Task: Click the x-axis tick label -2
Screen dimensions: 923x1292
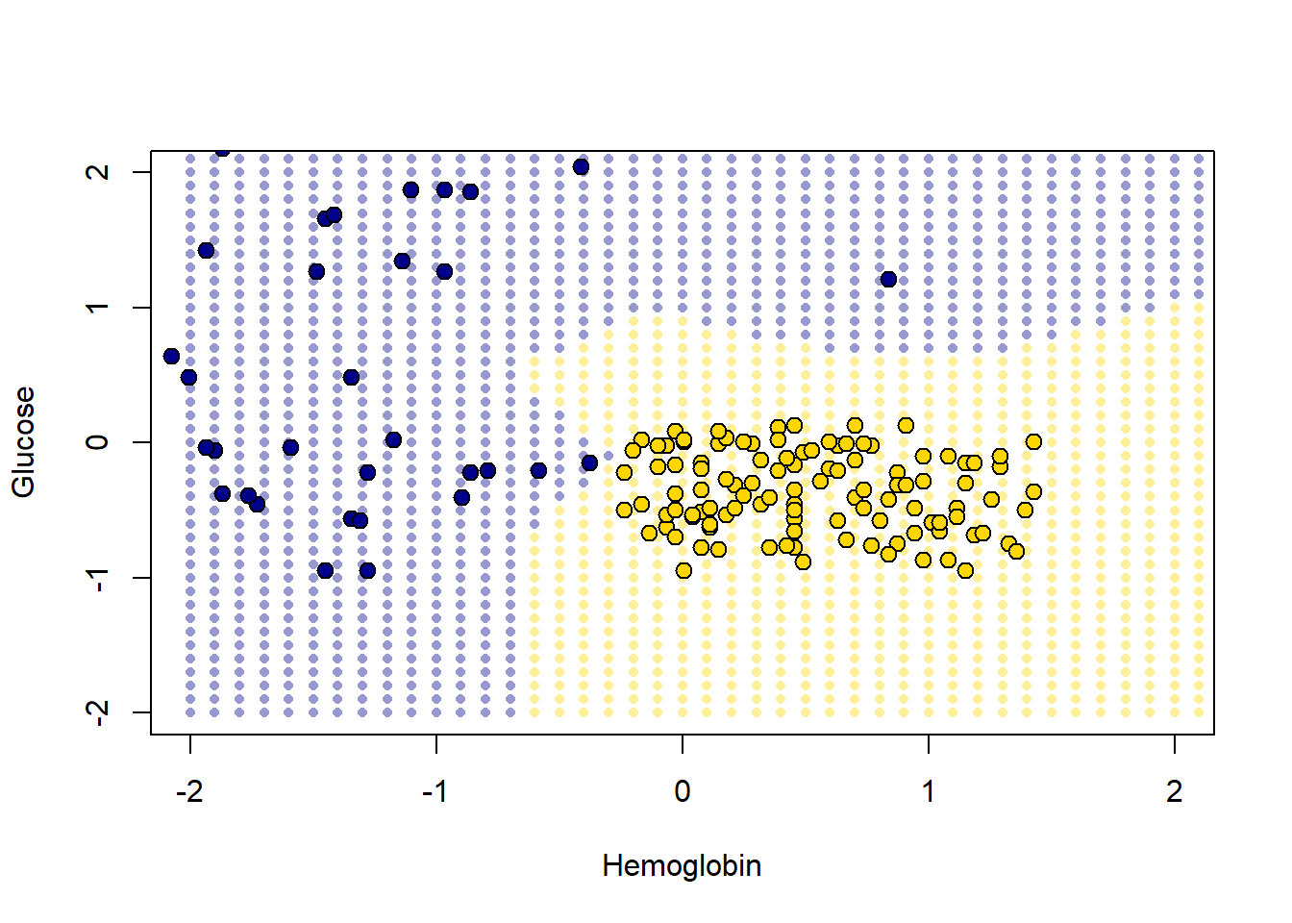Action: [189, 791]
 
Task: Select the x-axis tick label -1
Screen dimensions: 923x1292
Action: [435, 791]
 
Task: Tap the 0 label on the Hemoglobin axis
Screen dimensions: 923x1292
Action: [682, 791]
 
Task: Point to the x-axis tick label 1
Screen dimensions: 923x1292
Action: [928, 791]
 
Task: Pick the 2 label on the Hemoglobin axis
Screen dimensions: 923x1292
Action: [1174, 791]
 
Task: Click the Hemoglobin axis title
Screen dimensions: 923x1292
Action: [682, 866]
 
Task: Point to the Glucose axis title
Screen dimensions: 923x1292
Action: [24, 442]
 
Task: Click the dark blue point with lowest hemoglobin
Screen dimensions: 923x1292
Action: [171, 356]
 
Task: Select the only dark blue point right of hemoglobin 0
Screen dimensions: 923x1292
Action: [888, 279]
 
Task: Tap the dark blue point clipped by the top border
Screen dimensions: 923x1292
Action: [222, 151]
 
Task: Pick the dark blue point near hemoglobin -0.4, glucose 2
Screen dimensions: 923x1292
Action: [581, 166]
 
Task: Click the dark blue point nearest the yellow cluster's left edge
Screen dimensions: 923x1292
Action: [589, 462]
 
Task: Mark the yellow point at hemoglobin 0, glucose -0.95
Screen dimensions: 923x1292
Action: [683, 570]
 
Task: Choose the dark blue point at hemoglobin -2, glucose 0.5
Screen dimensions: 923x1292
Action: [188, 377]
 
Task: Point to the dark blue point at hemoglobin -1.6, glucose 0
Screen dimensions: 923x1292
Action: [290, 447]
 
